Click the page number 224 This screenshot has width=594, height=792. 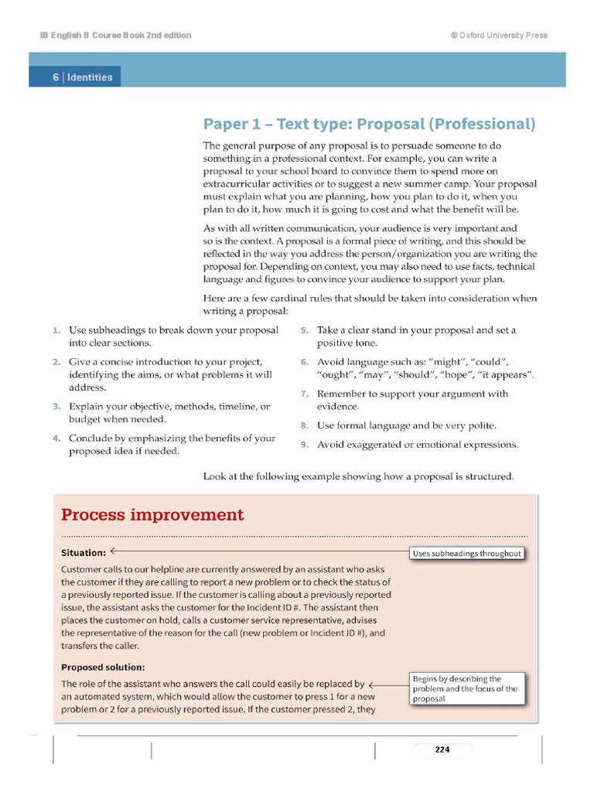click(442, 749)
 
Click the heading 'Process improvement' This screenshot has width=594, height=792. click(152, 515)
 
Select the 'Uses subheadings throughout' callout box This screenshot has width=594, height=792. click(466, 553)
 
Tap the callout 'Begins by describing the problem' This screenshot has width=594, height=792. click(466, 688)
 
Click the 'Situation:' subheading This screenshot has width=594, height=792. click(84, 553)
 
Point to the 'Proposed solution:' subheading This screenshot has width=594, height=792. click(103, 667)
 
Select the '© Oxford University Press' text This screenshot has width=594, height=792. click(498, 36)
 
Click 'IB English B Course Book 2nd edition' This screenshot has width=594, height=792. click(115, 36)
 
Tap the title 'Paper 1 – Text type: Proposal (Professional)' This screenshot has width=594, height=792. click(369, 124)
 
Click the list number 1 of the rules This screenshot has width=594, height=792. click(56, 330)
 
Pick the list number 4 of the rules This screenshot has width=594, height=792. click(56, 439)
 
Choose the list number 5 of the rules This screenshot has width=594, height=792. click(305, 330)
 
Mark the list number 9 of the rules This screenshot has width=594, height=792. click(305, 445)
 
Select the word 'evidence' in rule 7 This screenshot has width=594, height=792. click(338, 407)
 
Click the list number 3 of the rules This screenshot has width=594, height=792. click(56, 406)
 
